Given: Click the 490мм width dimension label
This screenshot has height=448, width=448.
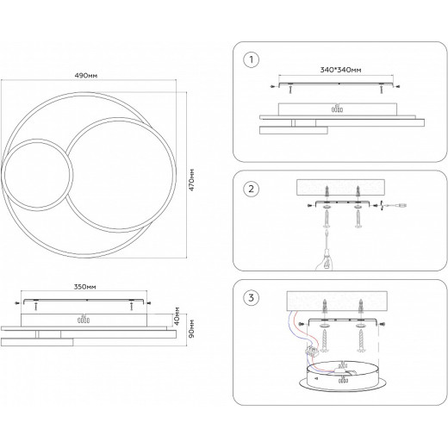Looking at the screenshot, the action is point(86,76).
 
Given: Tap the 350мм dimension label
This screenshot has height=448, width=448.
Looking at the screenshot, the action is point(85,287).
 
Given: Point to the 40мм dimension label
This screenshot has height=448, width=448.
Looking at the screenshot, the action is point(177,316).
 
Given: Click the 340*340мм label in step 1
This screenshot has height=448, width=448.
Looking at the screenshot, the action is point(340,70).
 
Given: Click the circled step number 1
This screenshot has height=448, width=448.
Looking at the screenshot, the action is point(252,60).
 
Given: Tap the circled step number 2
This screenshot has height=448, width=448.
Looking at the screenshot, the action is point(252,189).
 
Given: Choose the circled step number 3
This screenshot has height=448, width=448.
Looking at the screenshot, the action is point(252,297).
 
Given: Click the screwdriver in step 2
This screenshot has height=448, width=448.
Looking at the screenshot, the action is point(327,249).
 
